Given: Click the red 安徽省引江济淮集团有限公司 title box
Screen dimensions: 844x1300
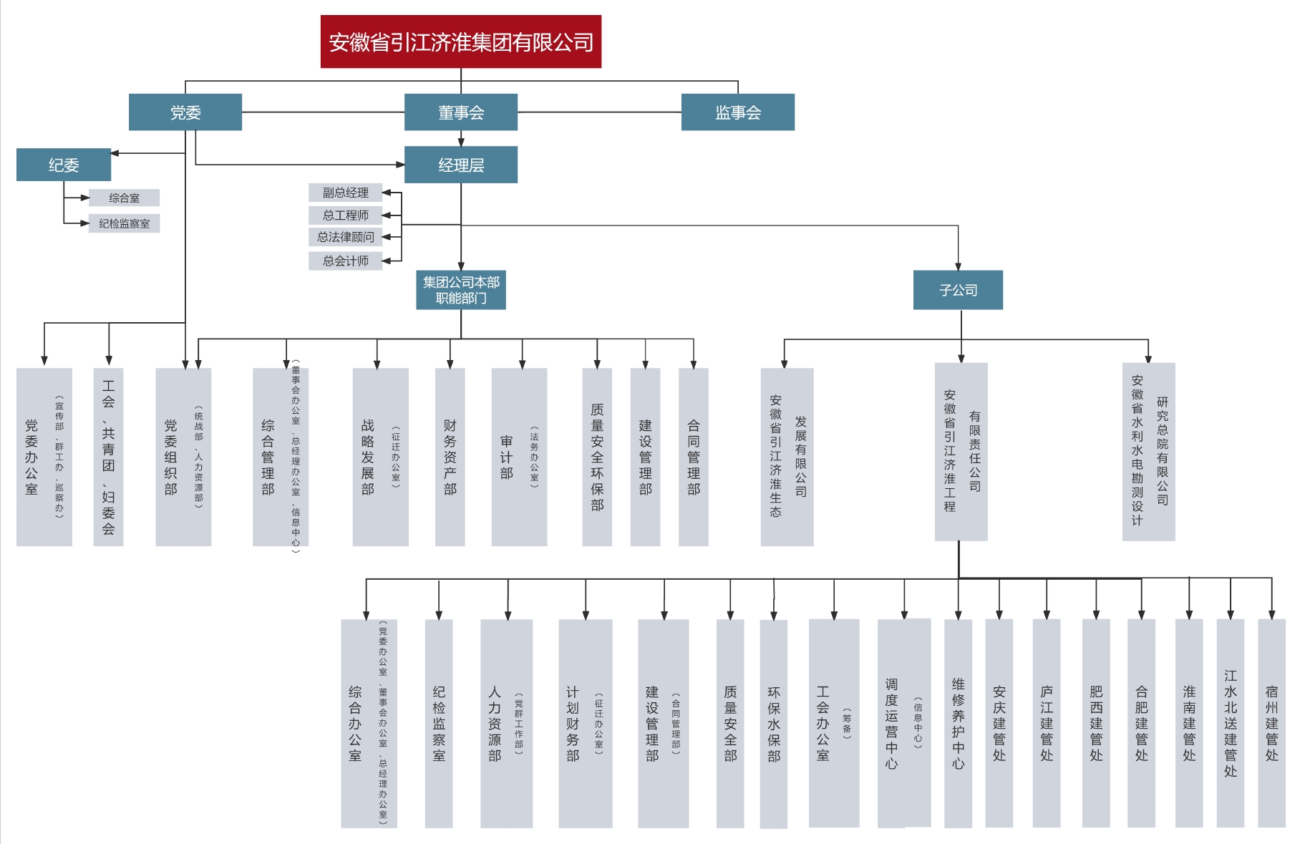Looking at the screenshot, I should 460,42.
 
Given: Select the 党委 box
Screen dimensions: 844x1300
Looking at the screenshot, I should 185,112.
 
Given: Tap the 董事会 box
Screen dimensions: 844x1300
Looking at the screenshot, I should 460,112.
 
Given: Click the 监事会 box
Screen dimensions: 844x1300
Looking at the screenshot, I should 737,112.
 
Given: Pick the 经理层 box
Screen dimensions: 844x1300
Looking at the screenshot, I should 460,165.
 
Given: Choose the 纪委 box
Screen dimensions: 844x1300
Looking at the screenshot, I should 64,165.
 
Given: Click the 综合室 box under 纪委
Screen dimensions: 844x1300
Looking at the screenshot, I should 124,198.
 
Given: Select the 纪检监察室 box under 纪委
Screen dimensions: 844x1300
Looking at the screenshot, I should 124,223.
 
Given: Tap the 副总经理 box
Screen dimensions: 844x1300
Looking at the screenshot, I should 345,193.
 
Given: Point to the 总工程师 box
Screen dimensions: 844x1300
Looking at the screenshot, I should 345,215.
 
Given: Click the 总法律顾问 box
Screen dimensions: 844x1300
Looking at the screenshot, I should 345,237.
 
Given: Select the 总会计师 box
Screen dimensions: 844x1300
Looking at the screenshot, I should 345,261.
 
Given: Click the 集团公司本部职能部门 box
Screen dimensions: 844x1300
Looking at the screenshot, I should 460,290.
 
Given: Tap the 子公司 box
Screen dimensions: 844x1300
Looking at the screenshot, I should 958,290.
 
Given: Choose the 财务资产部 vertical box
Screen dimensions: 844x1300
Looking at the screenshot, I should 450,457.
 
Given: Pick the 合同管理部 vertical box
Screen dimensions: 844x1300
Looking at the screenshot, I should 693,457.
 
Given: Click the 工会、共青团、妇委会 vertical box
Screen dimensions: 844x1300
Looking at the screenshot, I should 108,457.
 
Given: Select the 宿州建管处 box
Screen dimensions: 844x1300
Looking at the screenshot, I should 1271,723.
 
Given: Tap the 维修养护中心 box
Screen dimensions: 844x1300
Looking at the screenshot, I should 958,723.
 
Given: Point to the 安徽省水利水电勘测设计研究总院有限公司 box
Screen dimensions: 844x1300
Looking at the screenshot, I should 1148,451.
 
